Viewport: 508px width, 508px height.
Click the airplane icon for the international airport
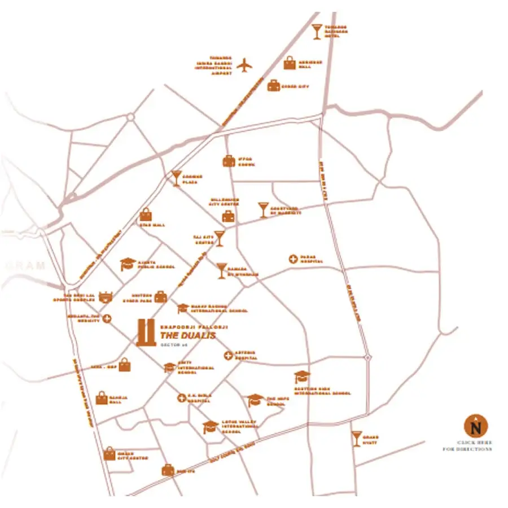click(x=244, y=65)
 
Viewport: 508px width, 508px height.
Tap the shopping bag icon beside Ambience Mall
click(x=290, y=63)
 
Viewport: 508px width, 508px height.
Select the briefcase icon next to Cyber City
click(x=274, y=86)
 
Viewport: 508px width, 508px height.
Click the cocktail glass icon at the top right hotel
click(x=317, y=32)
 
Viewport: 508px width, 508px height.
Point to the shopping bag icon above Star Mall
click(x=146, y=215)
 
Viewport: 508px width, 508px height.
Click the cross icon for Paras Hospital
click(x=293, y=259)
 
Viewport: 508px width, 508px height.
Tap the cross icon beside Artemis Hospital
click(x=228, y=356)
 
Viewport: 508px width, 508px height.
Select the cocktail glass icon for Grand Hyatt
click(x=356, y=439)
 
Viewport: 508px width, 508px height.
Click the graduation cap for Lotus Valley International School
click(x=211, y=427)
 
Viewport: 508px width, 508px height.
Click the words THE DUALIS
click(x=188, y=335)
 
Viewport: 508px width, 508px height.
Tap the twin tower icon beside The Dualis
click(x=146, y=332)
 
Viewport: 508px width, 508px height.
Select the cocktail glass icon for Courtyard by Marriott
click(x=264, y=209)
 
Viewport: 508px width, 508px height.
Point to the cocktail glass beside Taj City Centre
click(x=220, y=238)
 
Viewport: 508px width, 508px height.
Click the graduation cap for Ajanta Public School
click(x=129, y=265)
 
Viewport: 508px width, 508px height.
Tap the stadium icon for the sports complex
click(x=106, y=297)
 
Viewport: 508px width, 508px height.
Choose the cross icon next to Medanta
click(x=107, y=319)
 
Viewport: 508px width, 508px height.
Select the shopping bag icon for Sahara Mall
click(x=102, y=398)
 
